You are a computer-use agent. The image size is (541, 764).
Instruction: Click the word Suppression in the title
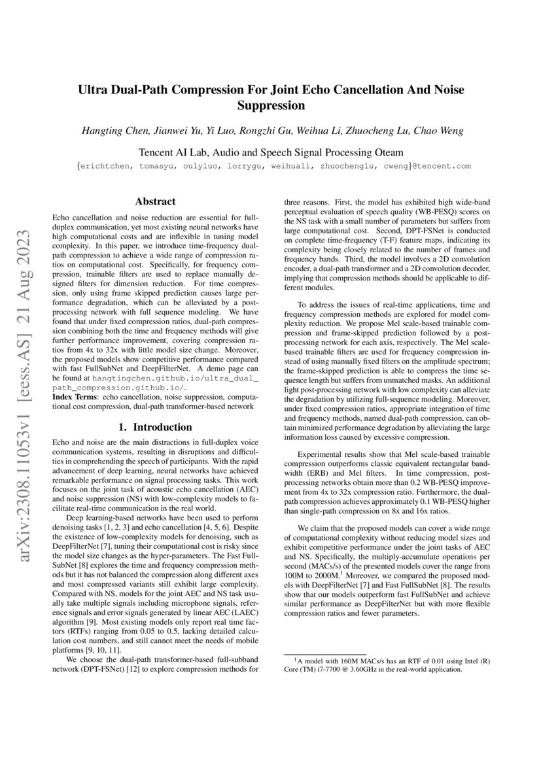coord(270,105)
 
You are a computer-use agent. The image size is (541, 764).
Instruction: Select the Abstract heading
coord(154,202)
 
